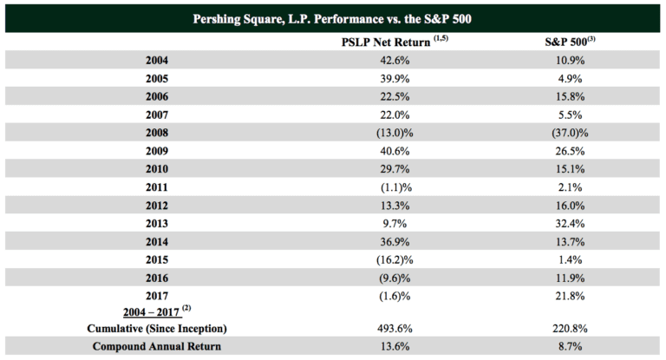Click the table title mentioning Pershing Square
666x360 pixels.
click(333, 17)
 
